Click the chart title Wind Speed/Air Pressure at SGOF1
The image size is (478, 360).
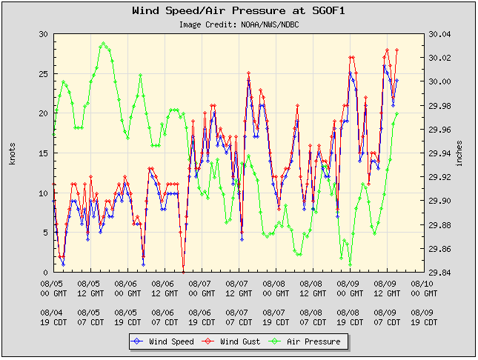click(x=239, y=11)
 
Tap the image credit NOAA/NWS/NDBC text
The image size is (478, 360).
click(x=239, y=24)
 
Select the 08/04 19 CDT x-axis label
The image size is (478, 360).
click(x=53, y=318)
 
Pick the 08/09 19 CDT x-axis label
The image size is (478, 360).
click(x=422, y=318)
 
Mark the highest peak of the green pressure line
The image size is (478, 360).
click(x=104, y=43)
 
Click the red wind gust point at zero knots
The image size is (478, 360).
click(x=183, y=271)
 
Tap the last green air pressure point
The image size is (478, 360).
click(x=397, y=113)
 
